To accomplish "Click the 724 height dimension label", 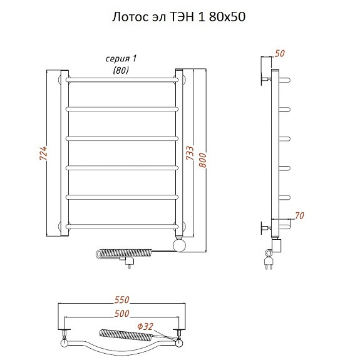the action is [43, 153].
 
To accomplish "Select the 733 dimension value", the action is [190, 153].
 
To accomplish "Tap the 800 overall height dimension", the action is [203, 160].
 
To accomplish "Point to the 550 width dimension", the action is [122, 300].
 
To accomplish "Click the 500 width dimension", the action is [122, 314].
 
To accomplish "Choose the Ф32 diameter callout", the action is [145, 326].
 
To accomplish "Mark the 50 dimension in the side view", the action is [280, 53].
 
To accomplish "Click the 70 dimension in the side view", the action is [299, 215].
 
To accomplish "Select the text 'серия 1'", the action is [121, 59].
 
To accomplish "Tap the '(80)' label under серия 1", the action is [121, 70].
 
